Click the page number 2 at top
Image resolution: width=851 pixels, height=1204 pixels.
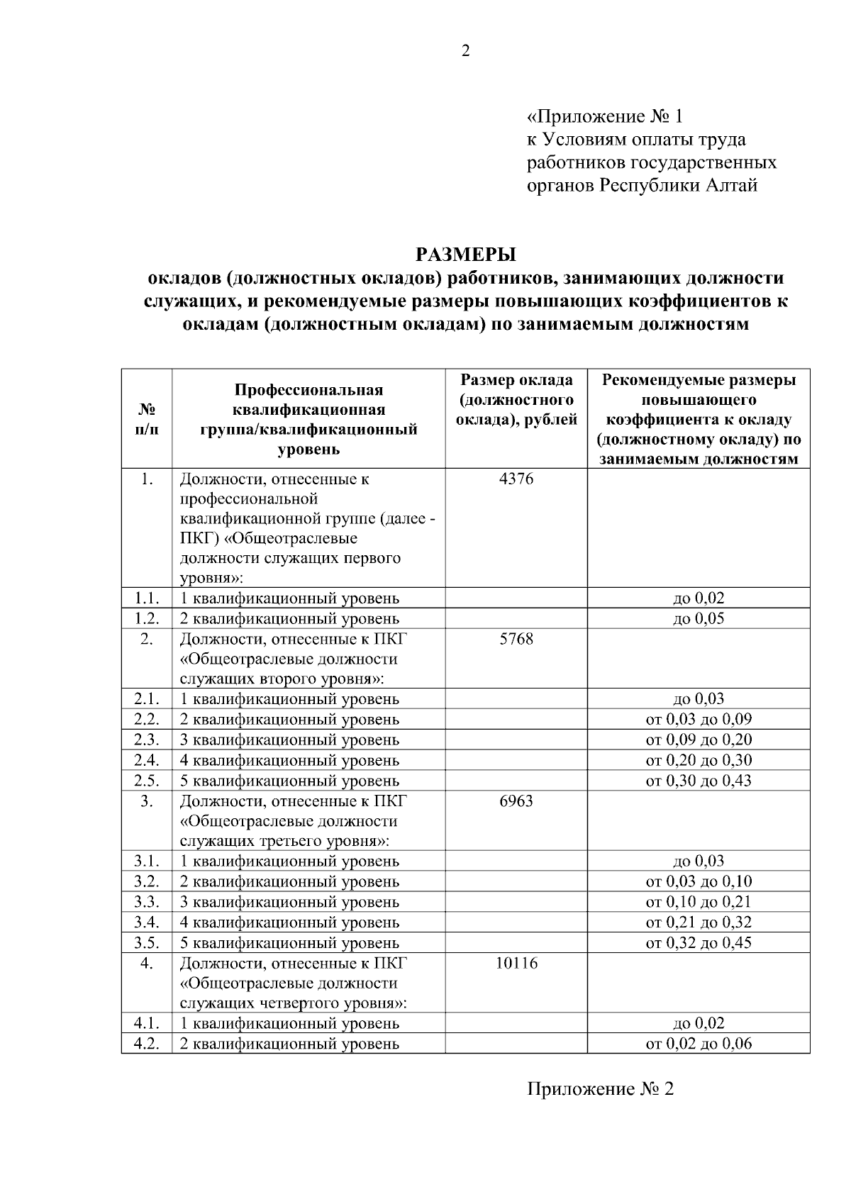(466, 51)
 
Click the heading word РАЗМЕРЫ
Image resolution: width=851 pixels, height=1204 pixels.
(466, 254)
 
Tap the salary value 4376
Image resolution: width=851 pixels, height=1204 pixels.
(516, 479)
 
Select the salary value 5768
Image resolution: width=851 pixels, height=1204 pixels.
(516, 639)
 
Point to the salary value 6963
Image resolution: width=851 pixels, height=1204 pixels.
(516, 801)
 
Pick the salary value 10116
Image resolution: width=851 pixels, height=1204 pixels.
(516, 963)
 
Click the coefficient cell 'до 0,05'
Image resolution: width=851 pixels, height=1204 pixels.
(699, 618)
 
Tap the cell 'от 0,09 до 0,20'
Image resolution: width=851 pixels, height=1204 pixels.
(699, 740)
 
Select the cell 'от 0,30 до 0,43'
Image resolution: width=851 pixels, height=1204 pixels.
(699, 781)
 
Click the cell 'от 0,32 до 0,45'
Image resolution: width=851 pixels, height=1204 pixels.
(699, 942)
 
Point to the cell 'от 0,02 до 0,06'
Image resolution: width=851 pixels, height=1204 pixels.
(699, 1044)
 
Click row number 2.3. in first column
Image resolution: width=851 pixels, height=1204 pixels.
(147, 740)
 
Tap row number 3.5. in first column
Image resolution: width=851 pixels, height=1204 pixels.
(147, 942)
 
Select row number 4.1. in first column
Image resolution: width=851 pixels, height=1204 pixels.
(147, 1023)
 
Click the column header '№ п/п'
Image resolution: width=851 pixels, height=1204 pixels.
(147, 420)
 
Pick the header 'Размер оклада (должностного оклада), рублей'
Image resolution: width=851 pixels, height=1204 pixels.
(516, 400)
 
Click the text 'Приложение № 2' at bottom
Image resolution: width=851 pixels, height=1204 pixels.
(600, 1088)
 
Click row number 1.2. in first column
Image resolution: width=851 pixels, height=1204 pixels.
(147, 618)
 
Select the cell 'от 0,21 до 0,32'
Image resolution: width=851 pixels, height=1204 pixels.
(699, 922)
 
